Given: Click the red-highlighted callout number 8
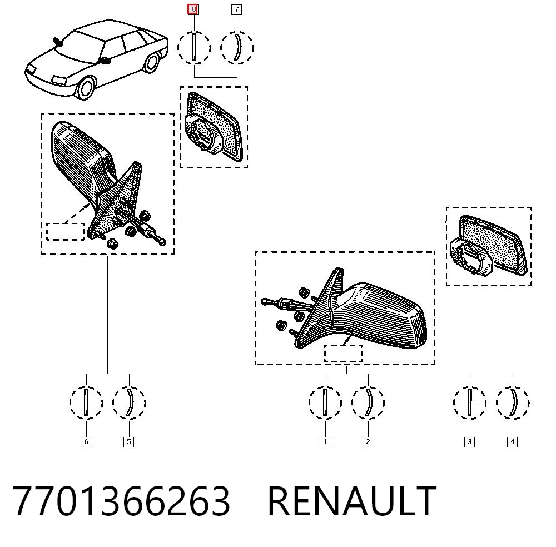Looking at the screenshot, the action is click(x=193, y=9).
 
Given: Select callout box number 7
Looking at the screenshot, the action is click(x=236, y=9).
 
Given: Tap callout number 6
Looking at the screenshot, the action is click(x=86, y=442).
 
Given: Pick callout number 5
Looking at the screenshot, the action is click(x=129, y=442).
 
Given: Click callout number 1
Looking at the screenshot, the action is click(x=325, y=442).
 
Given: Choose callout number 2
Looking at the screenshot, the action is click(x=368, y=442).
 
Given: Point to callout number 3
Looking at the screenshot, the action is click(x=469, y=442).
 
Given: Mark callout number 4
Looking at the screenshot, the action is click(x=513, y=442).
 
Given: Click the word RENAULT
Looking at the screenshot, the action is click(x=352, y=501).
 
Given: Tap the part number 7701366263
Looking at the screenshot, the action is click(x=121, y=501).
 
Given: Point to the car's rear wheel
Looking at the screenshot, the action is click(x=152, y=63).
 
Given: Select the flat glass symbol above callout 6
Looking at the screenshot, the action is click(x=86, y=402).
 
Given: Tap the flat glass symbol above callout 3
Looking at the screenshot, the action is click(x=469, y=402).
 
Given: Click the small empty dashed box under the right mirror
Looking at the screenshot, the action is click(x=343, y=354).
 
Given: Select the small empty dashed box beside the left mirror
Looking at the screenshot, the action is click(x=65, y=231).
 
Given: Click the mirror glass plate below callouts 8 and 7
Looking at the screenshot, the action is click(x=214, y=126).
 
